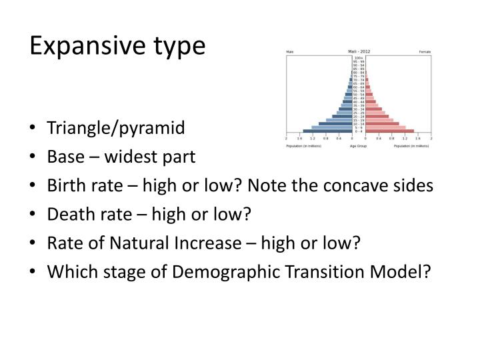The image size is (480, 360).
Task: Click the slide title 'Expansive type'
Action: pos(117,46)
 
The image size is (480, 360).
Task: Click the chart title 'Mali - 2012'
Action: pos(358,51)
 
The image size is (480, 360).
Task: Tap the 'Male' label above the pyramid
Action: pos(290,52)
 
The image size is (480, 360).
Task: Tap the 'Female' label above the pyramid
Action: pos(425,52)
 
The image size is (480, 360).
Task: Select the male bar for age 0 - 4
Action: pos(327,131)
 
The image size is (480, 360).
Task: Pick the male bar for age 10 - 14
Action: pos(335,123)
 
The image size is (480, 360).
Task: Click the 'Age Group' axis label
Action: pos(358,145)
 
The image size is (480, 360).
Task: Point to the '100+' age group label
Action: pos(358,58)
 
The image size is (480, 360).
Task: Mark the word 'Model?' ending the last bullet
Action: pos(408,272)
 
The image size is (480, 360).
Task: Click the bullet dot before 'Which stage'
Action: pos(33,273)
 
